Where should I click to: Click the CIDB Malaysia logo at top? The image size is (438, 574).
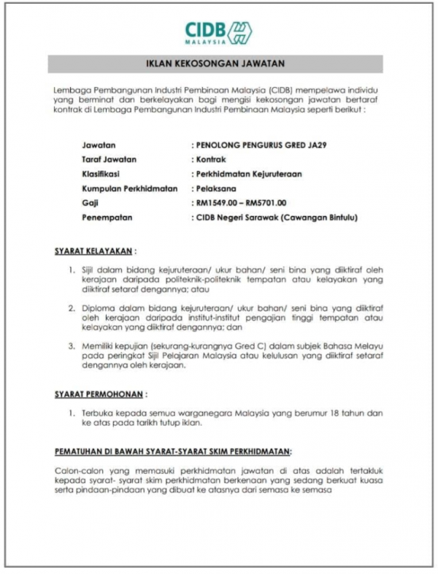[218, 32]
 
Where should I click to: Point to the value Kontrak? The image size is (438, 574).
[210, 159]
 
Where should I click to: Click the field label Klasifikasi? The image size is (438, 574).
[101, 174]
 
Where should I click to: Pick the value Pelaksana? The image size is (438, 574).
[213, 188]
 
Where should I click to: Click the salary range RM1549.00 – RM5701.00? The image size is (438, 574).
[240, 203]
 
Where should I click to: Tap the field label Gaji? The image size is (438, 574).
[91, 203]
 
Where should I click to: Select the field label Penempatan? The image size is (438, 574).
[106, 218]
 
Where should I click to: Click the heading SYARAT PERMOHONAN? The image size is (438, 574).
[98, 394]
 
